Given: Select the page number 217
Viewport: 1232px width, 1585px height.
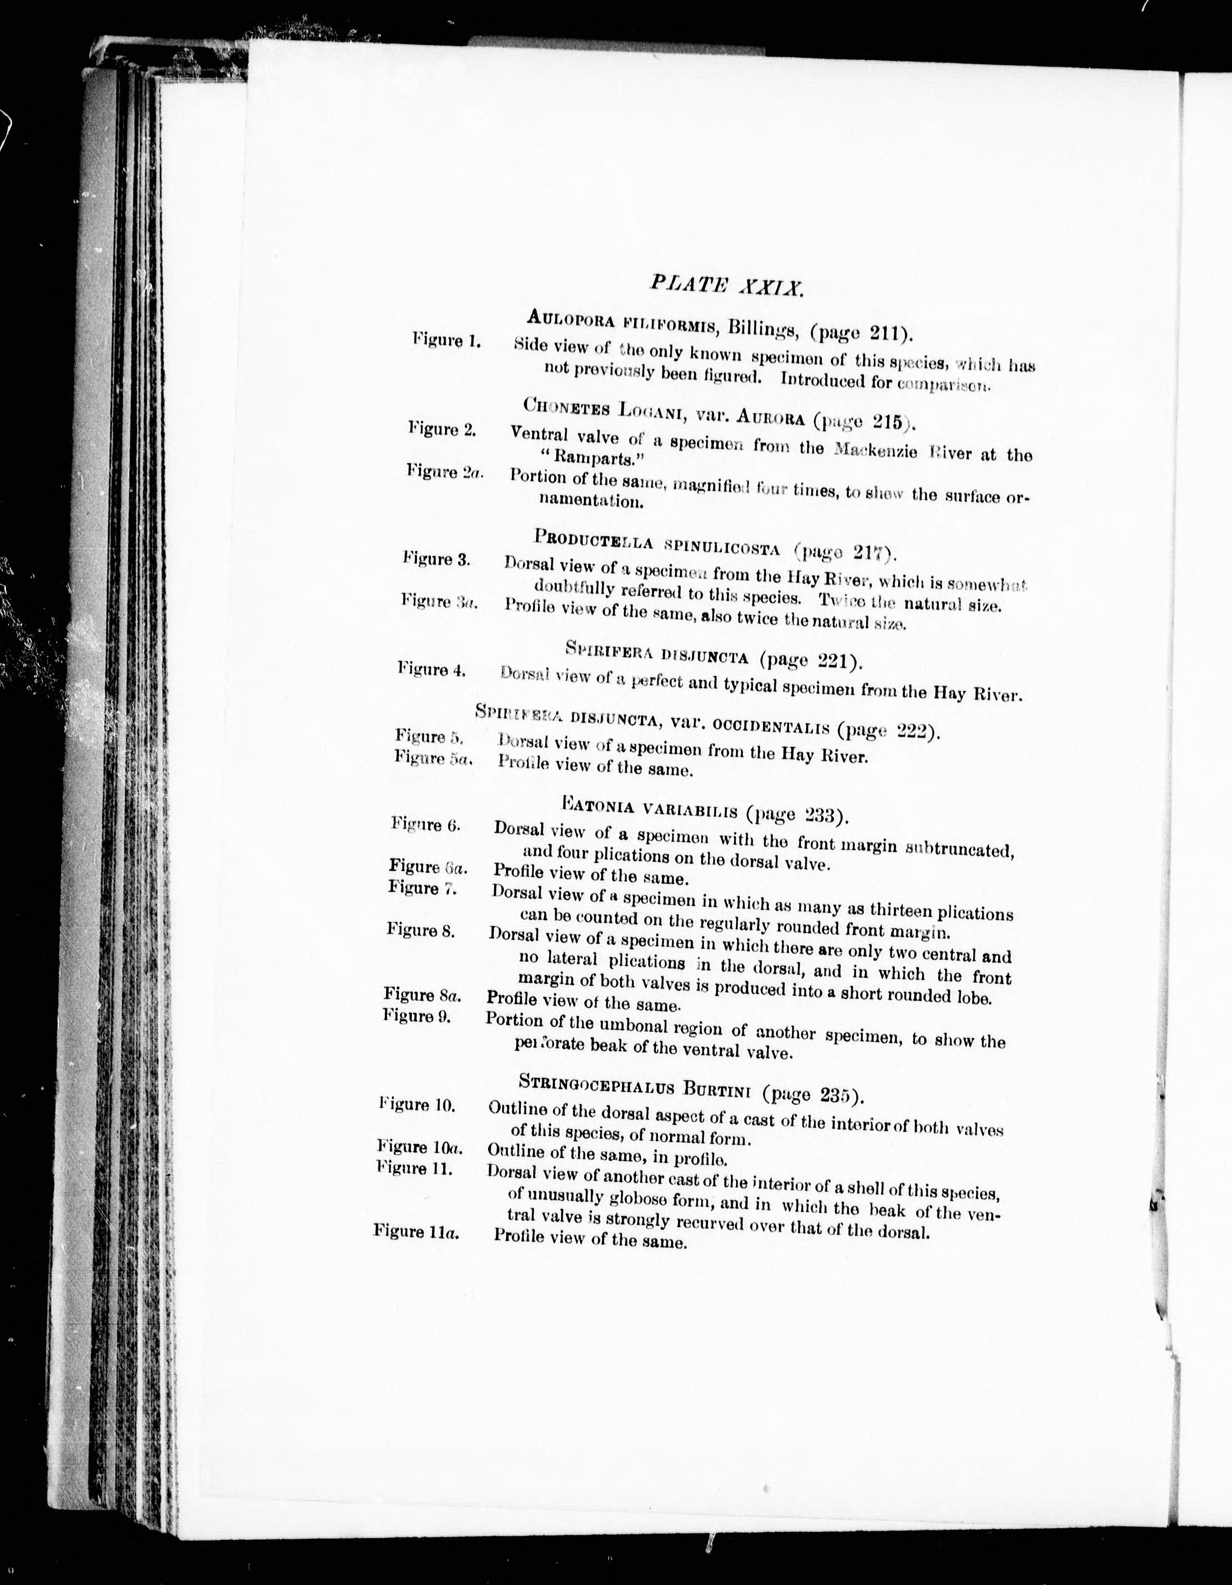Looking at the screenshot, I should tap(871, 554).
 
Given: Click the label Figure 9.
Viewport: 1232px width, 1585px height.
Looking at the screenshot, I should tap(417, 1015).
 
